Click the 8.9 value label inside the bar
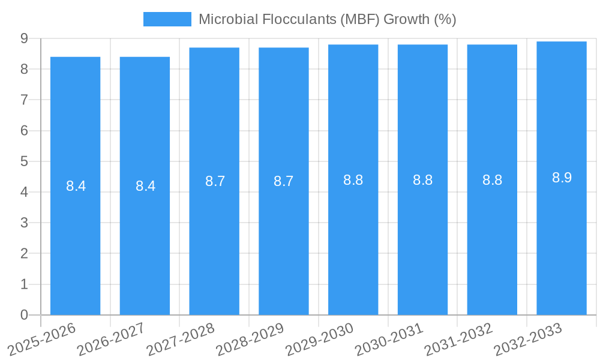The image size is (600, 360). pos(562,178)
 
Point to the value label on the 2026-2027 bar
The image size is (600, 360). pos(145,186)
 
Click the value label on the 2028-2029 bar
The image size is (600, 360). pos(283,181)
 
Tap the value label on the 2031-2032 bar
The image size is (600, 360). pos(492,180)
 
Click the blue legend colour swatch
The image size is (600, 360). pos(167,19)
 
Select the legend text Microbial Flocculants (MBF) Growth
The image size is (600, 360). pos(327,19)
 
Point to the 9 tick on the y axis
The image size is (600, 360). pos(24,38)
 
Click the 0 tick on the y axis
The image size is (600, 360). pos(24,315)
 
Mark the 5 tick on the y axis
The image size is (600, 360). pos(24,161)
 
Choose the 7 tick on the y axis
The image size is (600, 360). pos(24,100)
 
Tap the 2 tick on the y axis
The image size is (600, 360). pos(24,254)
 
